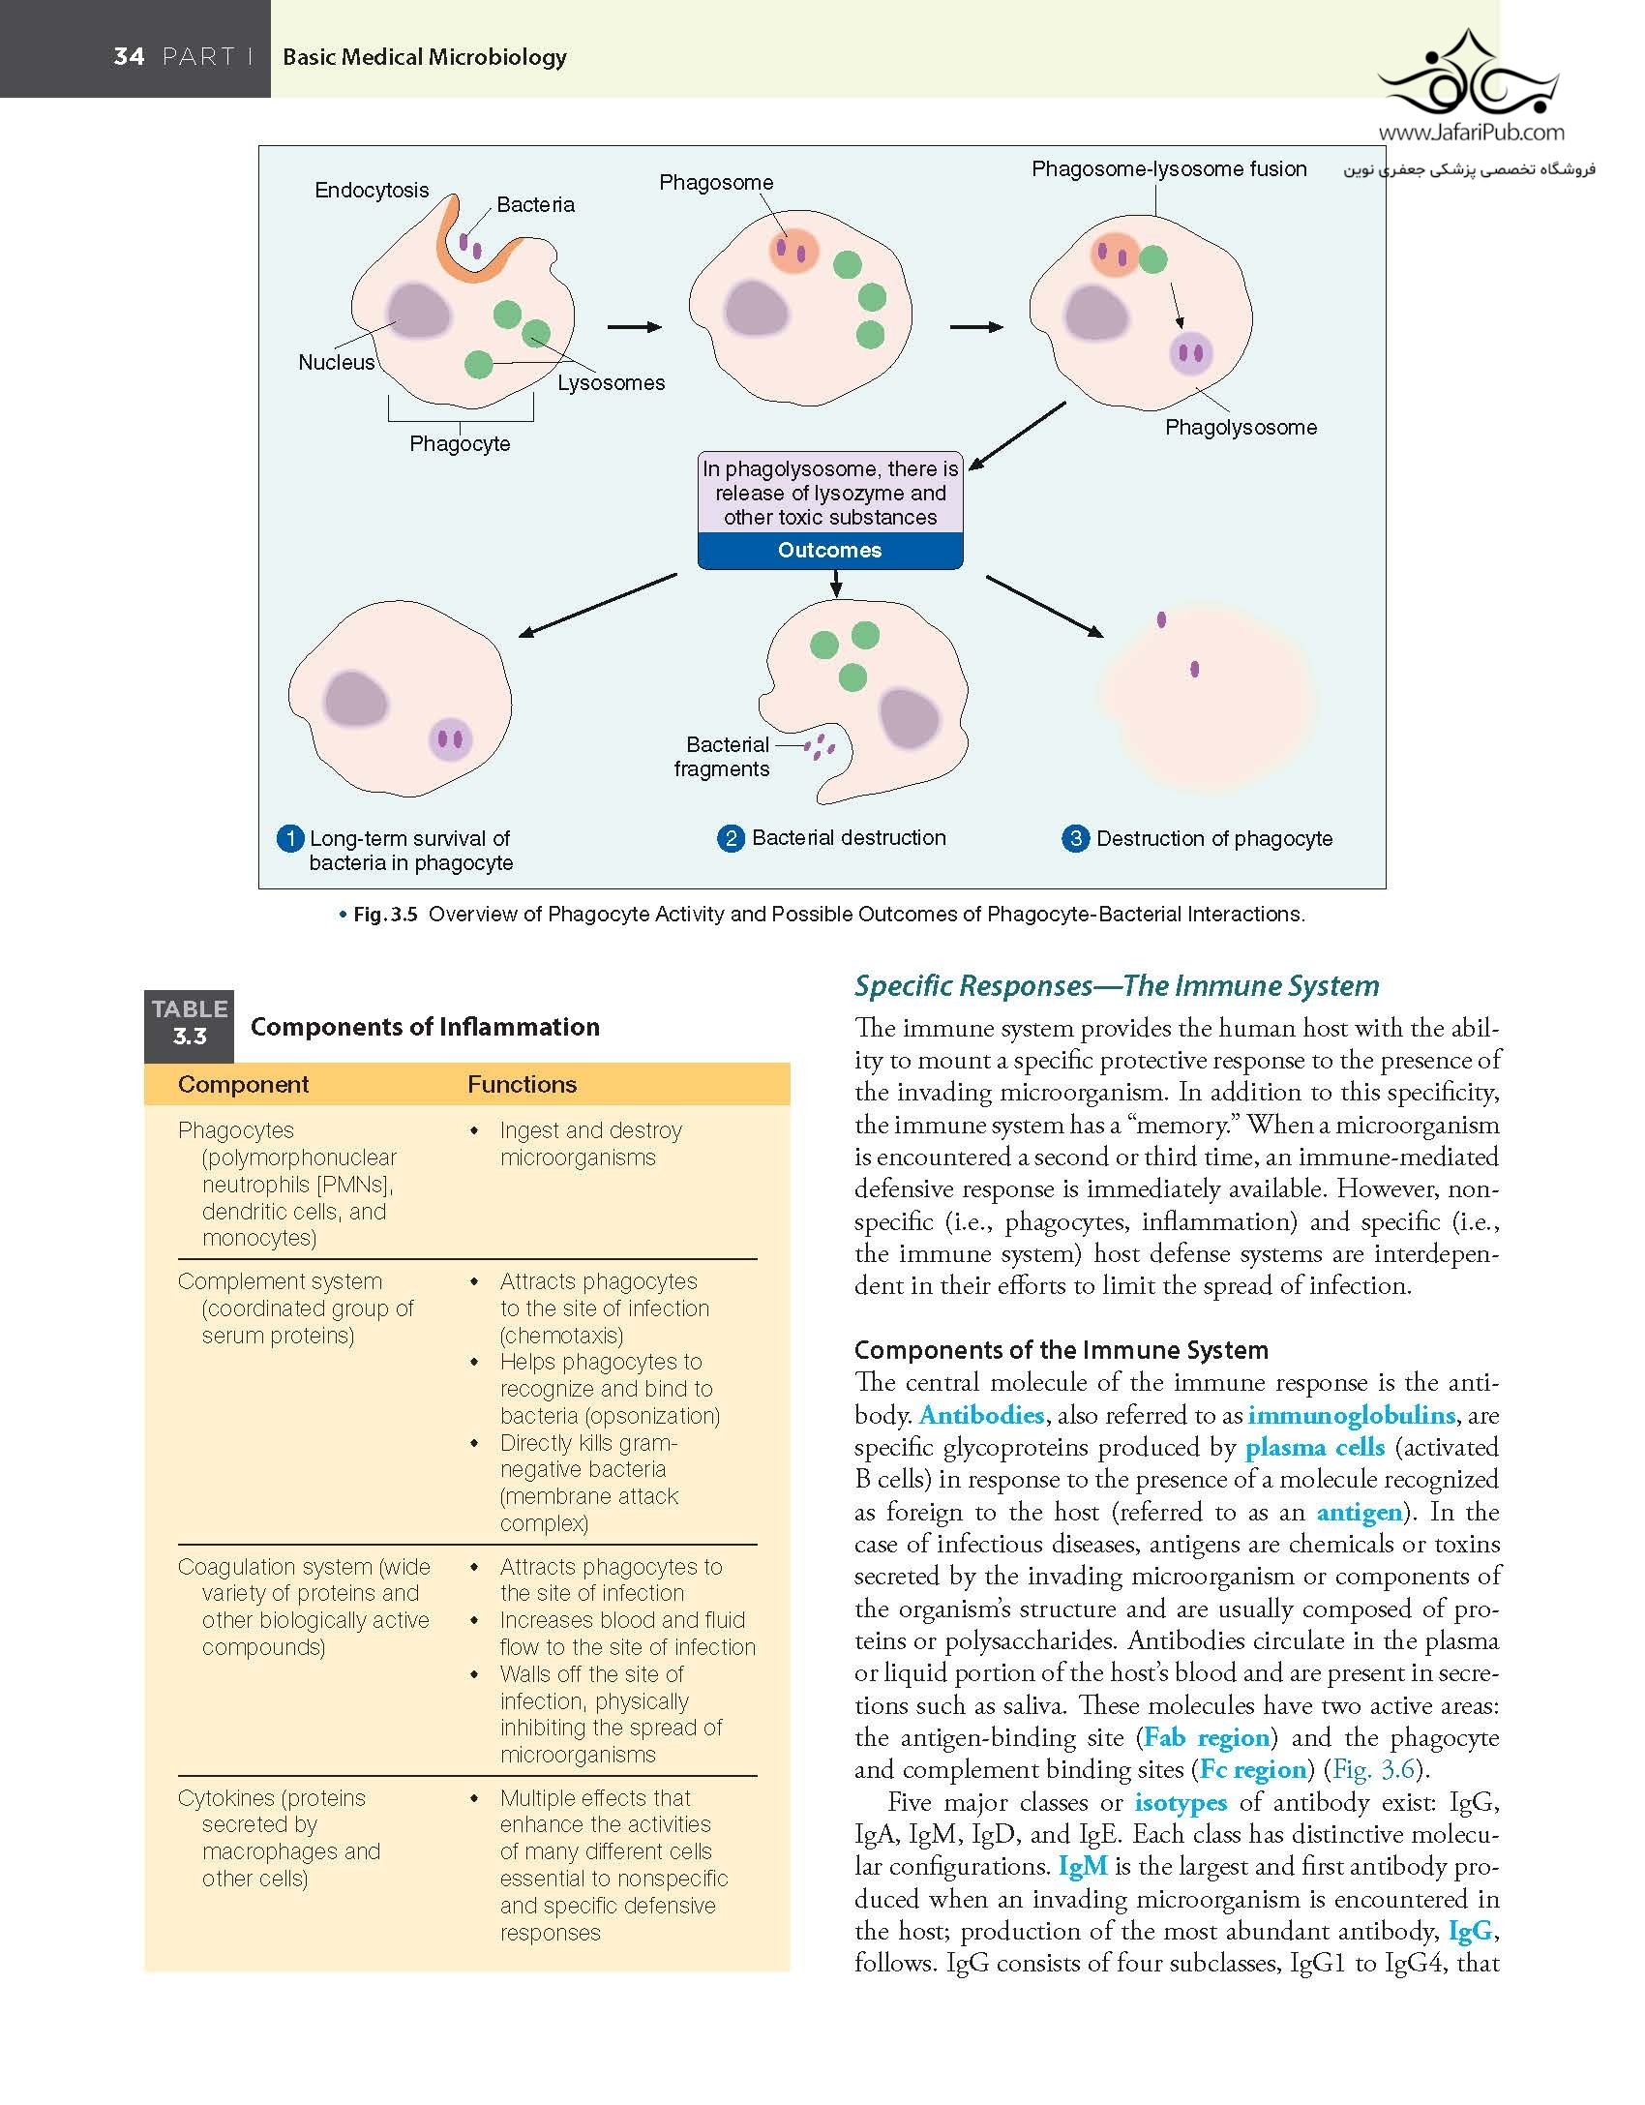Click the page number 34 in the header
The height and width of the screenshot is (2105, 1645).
(x=129, y=56)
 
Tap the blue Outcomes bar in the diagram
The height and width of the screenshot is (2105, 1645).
(x=830, y=551)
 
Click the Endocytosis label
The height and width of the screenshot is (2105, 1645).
(x=372, y=191)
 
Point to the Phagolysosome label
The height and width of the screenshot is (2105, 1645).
(x=1241, y=428)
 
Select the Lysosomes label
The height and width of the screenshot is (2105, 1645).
(x=612, y=383)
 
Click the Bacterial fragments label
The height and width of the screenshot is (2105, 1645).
(x=723, y=757)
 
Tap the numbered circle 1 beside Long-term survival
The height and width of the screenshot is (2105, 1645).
(x=290, y=838)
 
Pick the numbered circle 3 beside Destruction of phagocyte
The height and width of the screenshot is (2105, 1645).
(x=1075, y=838)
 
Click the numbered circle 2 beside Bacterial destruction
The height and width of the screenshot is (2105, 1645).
(x=731, y=838)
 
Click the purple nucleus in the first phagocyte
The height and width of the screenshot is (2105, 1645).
(x=420, y=315)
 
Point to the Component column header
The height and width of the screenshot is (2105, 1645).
(x=243, y=1085)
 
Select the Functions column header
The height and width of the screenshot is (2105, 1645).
(x=522, y=1085)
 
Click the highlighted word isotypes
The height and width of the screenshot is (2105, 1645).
(x=1181, y=1802)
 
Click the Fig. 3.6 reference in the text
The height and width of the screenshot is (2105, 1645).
(x=1374, y=1769)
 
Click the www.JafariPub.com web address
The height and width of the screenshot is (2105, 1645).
(x=1471, y=133)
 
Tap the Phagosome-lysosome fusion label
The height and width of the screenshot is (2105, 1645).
(x=1169, y=169)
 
